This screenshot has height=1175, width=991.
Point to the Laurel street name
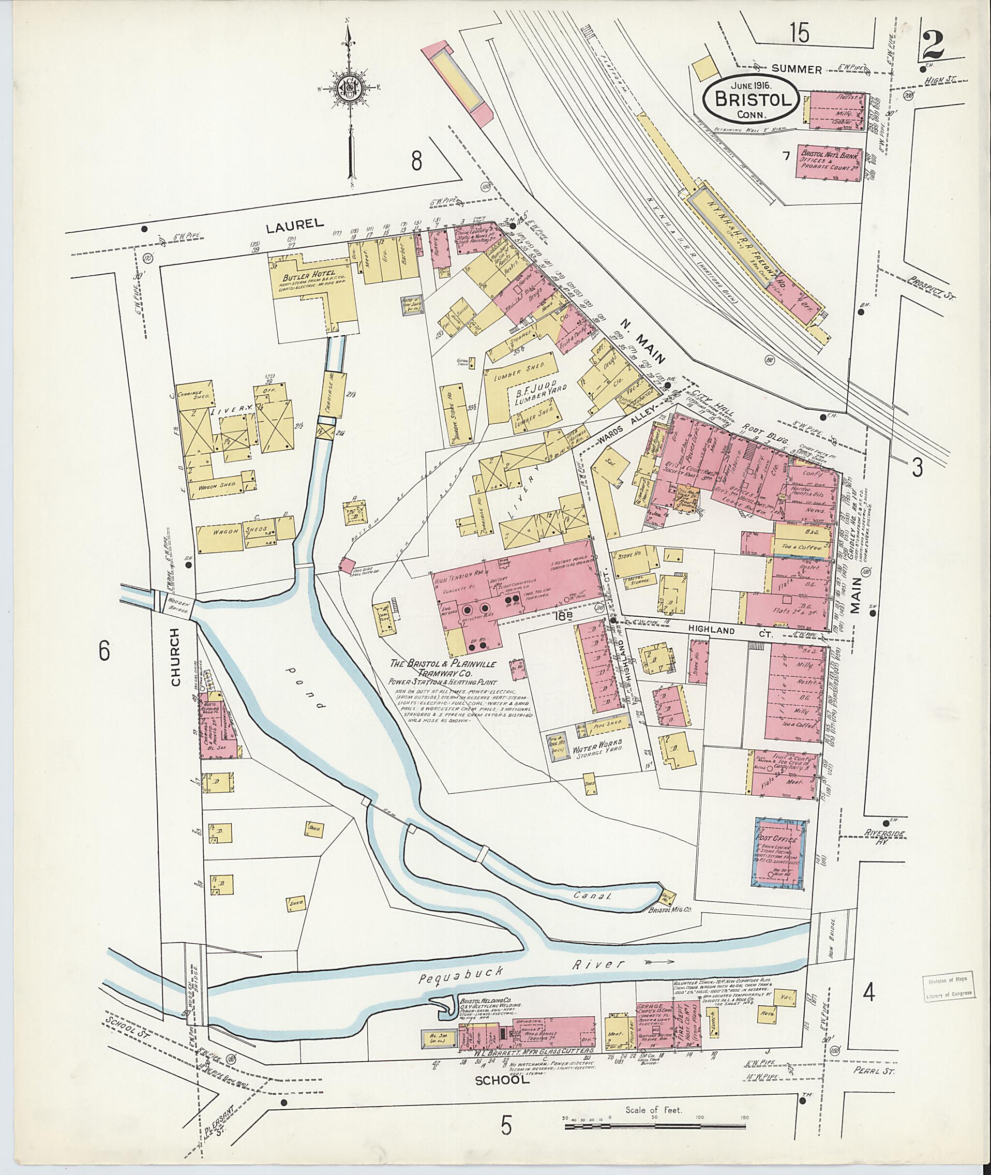[295, 224]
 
